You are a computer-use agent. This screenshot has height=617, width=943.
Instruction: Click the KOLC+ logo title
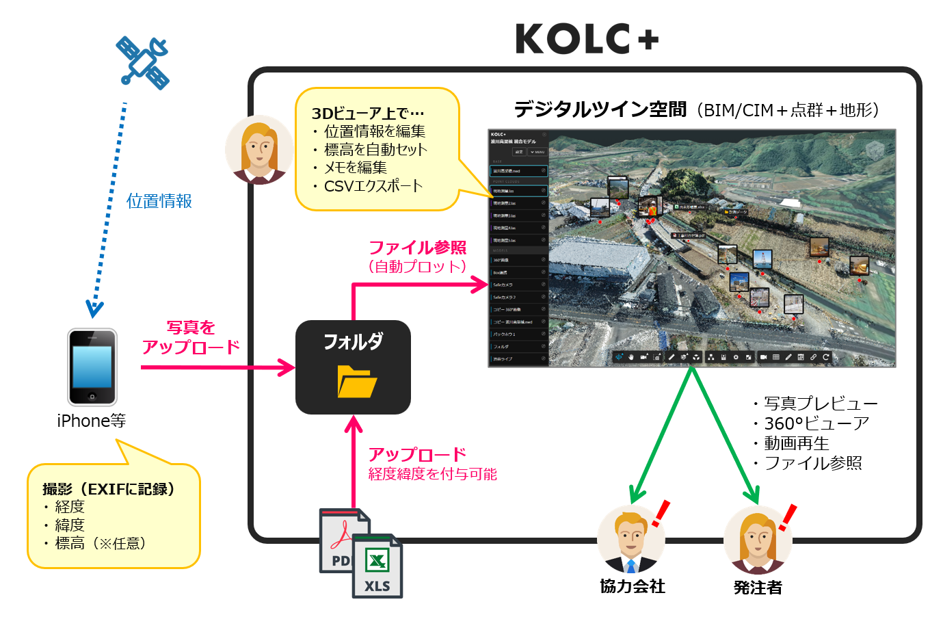pyautogui.click(x=587, y=39)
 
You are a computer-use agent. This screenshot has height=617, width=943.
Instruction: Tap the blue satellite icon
pyautogui.click(x=143, y=62)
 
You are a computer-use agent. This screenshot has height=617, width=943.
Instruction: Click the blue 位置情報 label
pyautogui.click(x=159, y=201)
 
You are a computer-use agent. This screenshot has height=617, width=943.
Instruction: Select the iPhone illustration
pyautogui.click(x=92, y=367)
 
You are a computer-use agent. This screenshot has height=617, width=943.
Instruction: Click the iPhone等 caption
pyautogui.click(x=92, y=421)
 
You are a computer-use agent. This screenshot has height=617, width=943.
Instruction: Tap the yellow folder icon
pyautogui.click(x=356, y=382)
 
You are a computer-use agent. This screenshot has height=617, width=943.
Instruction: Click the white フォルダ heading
pyautogui.click(x=353, y=341)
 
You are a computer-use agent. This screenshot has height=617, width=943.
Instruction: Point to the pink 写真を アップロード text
pyautogui.click(x=191, y=338)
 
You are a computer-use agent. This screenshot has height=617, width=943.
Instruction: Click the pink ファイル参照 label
pyautogui.click(x=417, y=248)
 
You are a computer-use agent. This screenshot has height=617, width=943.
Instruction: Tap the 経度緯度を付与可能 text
pyautogui.click(x=432, y=474)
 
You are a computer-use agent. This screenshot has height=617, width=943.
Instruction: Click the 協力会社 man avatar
pyautogui.click(x=630, y=540)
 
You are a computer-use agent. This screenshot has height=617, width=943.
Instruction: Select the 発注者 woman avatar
pyautogui.click(x=757, y=540)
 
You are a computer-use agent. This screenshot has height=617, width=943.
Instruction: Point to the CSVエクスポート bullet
pyautogui.click(x=373, y=186)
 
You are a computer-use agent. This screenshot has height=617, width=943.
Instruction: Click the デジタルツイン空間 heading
pyautogui.click(x=600, y=109)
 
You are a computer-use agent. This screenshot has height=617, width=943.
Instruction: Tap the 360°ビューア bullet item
pyautogui.click(x=816, y=423)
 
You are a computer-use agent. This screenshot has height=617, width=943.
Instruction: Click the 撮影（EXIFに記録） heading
pyautogui.click(x=109, y=489)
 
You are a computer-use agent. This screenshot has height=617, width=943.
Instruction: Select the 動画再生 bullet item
pyautogui.click(x=796, y=443)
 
